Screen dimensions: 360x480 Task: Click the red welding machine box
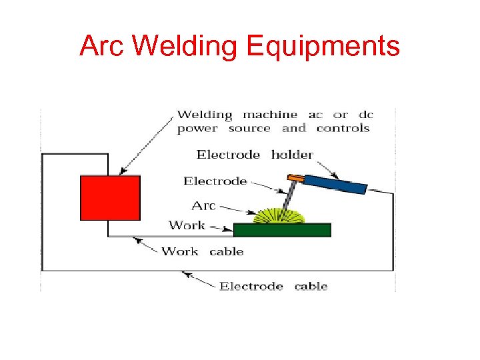click(110, 197)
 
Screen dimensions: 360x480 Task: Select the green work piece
click(282, 230)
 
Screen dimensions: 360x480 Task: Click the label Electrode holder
click(255, 155)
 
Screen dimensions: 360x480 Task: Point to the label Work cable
click(203, 251)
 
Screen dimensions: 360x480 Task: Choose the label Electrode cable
click(273, 286)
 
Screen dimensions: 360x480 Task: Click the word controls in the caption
click(343, 128)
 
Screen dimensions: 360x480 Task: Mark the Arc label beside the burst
click(203, 206)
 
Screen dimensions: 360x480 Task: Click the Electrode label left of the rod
click(215, 181)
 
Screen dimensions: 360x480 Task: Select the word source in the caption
click(249, 128)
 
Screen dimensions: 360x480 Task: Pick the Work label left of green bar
click(187, 225)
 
